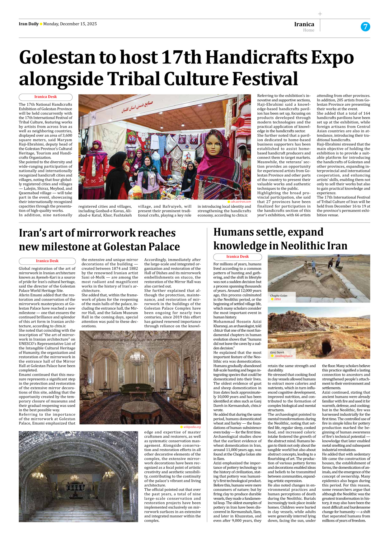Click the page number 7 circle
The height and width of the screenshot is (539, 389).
click(365, 27)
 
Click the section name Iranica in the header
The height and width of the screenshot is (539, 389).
click(304, 24)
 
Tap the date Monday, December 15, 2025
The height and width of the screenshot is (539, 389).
click(70, 24)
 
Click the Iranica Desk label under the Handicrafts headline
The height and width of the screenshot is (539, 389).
click(45, 97)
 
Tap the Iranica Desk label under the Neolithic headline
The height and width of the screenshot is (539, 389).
click(237, 257)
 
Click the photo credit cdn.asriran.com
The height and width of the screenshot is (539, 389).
click(241, 202)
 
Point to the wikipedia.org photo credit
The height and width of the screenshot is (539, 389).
click(192, 427)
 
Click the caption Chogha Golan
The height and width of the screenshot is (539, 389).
click(279, 296)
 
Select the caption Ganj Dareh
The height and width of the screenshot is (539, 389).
click(277, 352)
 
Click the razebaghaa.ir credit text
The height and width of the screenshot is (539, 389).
click(284, 356)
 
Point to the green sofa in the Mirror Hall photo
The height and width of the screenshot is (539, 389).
click(137, 389)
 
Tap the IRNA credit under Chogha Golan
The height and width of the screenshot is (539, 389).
click(277, 299)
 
